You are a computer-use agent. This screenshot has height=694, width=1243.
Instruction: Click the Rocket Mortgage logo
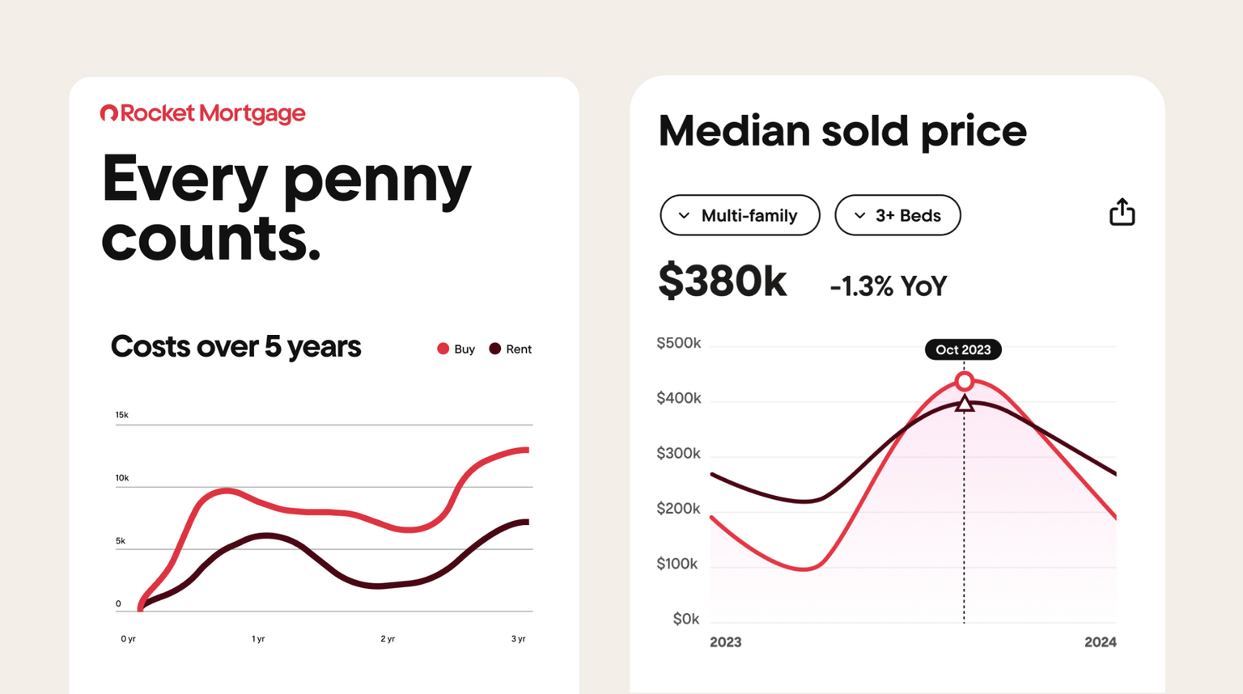point(202,113)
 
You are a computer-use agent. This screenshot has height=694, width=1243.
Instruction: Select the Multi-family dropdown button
point(740,215)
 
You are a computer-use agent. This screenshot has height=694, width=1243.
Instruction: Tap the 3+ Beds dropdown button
point(897,215)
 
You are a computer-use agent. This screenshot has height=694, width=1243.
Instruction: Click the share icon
point(1122,212)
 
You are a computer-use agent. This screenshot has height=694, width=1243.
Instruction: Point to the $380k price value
point(722,281)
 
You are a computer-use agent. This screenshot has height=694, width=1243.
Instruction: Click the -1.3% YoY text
point(888,286)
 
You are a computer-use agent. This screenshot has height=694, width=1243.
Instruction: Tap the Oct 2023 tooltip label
point(963,349)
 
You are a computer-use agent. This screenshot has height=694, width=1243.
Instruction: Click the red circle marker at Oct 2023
point(964,381)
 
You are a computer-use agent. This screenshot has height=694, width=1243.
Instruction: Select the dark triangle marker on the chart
point(964,403)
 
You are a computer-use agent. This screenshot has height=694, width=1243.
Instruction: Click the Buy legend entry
point(456,349)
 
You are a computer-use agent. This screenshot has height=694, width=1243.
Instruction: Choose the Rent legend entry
point(511,349)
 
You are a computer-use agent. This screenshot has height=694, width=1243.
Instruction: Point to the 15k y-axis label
point(121,415)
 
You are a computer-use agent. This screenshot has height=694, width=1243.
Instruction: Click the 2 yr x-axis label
point(388,639)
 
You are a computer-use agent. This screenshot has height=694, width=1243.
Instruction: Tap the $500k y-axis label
point(678,343)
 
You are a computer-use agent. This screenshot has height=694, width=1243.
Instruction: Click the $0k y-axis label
point(685,619)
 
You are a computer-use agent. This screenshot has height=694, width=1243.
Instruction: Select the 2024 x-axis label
point(1100,642)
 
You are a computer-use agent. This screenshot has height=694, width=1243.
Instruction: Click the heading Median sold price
point(842,130)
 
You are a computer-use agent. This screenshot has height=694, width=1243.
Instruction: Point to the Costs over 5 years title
point(235,346)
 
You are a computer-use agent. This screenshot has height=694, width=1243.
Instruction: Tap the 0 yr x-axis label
point(128,639)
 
